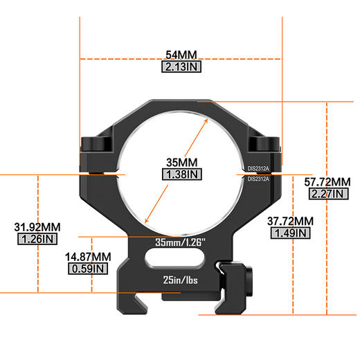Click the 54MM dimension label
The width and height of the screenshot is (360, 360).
[181, 54]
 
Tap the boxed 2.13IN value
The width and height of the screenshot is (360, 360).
[181, 68]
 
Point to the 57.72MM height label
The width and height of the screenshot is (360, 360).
[327, 182]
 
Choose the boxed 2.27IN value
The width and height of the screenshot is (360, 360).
[327, 195]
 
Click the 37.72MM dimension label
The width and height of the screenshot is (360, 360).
[290, 222]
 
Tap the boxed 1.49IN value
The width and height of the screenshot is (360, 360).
[290, 234]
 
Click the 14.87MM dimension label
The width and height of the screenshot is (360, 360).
[88, 256]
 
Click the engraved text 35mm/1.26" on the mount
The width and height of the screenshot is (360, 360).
[181, 242]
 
